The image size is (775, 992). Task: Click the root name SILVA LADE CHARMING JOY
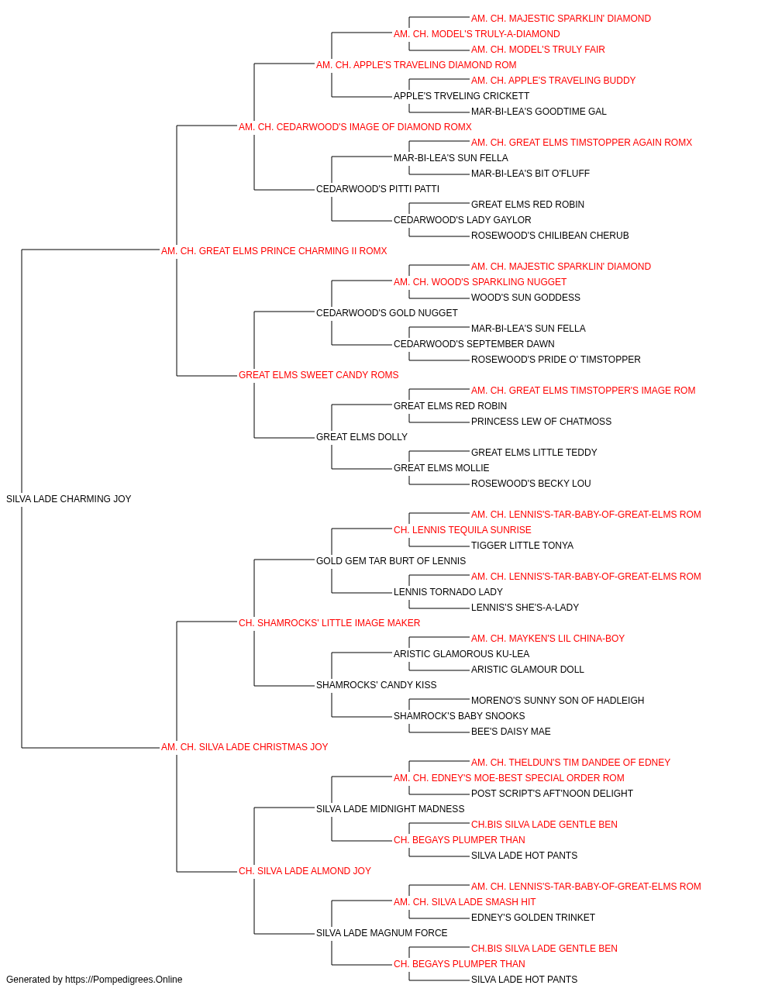tap(68, 499)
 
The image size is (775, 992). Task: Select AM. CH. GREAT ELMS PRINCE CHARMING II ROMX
tap(274, 251)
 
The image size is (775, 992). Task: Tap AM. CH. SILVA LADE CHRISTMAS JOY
tap(245, 747)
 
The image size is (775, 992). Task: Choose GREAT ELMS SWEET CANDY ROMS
tap(319, 375)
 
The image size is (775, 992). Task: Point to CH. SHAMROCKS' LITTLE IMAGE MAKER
tap(329, 622)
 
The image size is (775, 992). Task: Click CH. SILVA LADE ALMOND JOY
tap(305, 871)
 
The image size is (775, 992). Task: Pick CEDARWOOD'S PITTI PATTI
tap(378, 189)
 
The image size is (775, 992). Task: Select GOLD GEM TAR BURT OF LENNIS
tap(391, 561)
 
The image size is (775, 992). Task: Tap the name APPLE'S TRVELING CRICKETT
tap(461, 96)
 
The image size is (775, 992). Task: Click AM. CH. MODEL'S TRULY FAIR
tap(538, 50)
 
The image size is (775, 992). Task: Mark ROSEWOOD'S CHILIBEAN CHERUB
tap(550, 236)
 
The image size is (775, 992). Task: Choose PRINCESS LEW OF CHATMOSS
tap(541, 422)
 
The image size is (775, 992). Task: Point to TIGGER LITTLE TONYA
tap(522, 546)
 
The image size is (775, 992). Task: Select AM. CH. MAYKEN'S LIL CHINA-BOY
tap(548, 639)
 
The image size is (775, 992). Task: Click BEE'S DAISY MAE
tap(511, 732)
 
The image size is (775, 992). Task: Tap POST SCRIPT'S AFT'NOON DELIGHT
tap(552, 794)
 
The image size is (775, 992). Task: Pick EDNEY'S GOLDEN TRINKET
tap(533, 918)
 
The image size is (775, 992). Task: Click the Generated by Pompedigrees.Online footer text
tap(94, 980)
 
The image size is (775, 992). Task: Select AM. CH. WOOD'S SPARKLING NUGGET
tap(480, 282)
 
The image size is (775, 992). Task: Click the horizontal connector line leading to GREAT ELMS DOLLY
tap(284, 438)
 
